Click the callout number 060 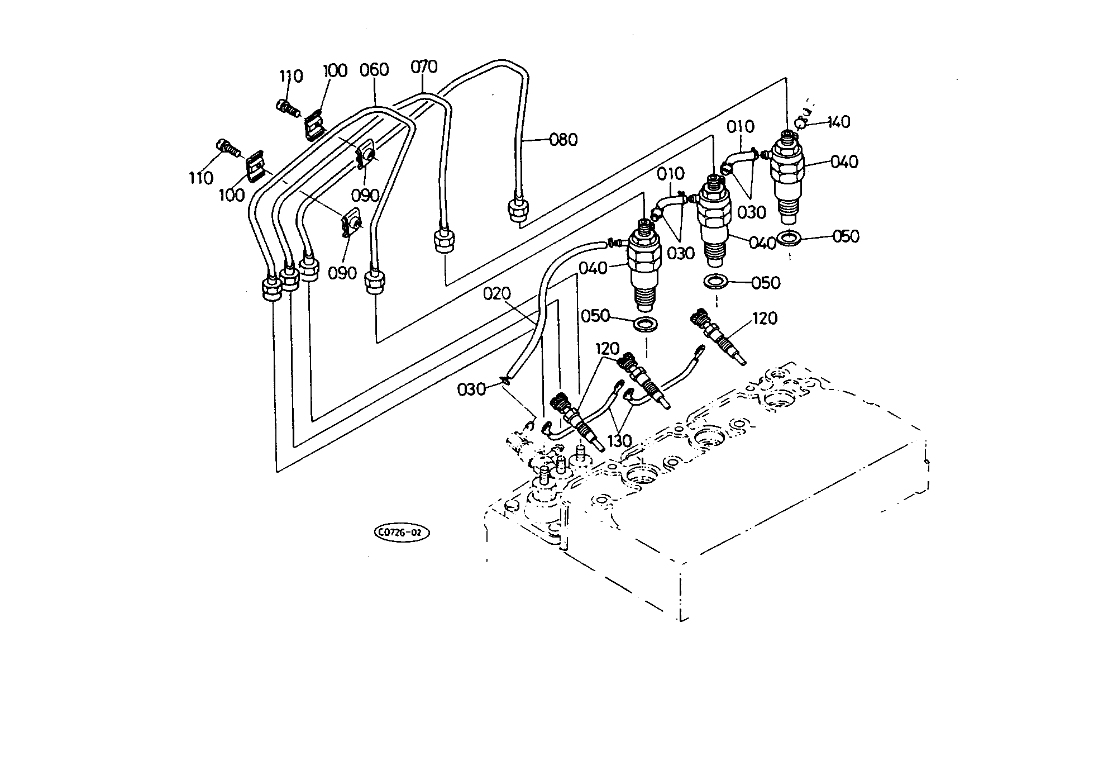(374, 70)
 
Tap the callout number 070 (424, 67)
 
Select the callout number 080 (563, 140)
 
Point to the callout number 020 (498, 294)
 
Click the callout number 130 (619, 441)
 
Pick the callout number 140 (839, 122)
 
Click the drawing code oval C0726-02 (402, 533)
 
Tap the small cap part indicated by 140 (801, 121)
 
